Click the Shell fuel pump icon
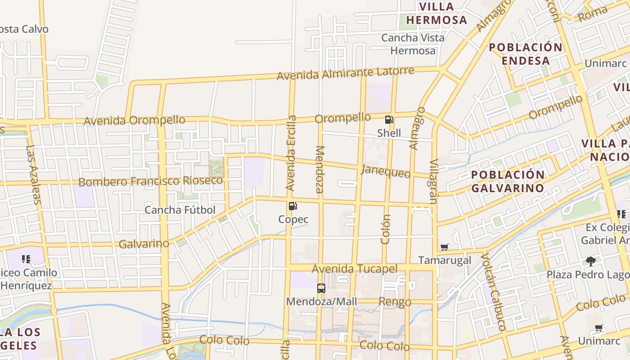389,120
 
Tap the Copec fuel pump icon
293,206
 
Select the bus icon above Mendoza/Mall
321,288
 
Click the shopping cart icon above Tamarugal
445,247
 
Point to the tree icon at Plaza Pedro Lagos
590,261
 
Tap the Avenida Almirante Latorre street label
345,73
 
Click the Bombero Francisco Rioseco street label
150,181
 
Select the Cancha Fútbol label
180,210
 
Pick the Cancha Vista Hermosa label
413,44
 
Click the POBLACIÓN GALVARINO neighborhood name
508,181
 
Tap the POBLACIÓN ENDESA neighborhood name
526,54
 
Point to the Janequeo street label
386,171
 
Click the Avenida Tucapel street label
355,269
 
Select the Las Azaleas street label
33,174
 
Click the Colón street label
386,229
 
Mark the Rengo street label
395,301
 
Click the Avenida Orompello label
134,121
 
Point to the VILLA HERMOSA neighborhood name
436,13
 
